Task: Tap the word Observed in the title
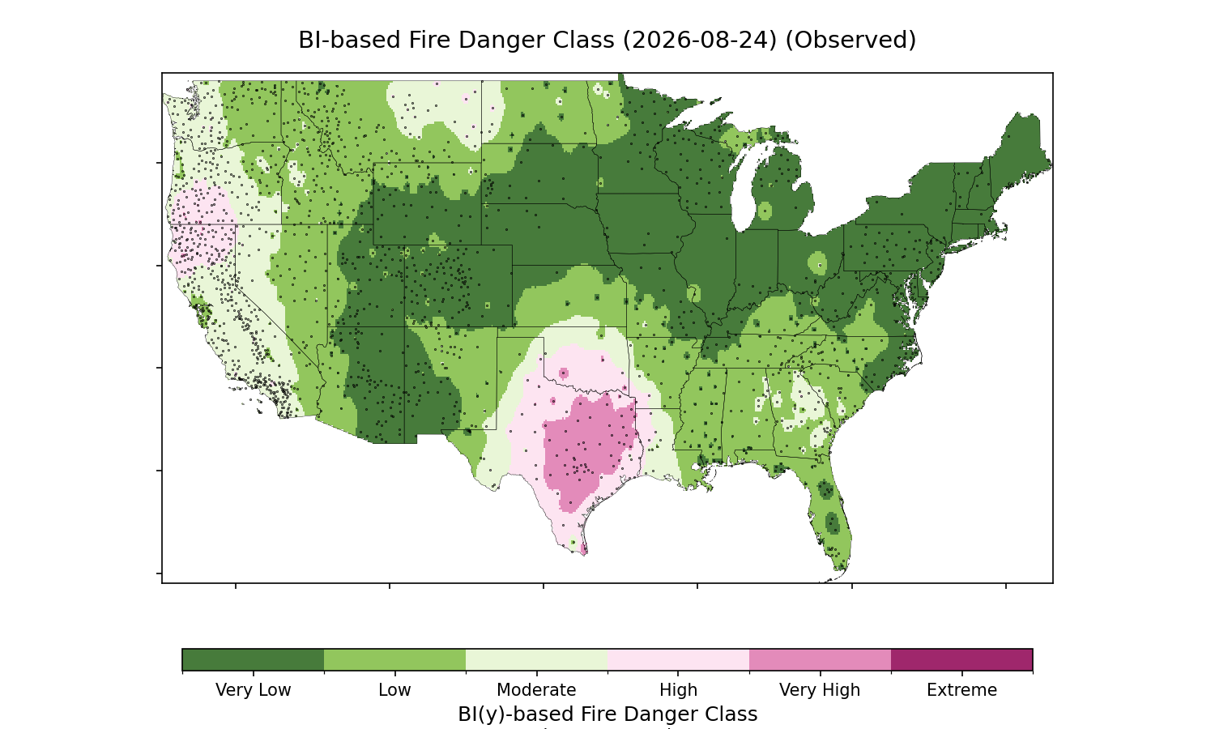851,40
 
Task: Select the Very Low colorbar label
253,690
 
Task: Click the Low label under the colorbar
394,690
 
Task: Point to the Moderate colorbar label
536,690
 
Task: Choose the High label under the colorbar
678,690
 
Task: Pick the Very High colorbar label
820,690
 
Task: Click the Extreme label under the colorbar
961,690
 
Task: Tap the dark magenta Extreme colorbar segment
961,659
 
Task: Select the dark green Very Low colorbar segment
254,659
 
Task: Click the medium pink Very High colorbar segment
820,659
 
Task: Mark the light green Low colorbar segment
395,659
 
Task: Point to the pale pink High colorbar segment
679,659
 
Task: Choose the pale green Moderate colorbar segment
537,659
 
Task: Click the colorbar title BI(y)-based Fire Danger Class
607,714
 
